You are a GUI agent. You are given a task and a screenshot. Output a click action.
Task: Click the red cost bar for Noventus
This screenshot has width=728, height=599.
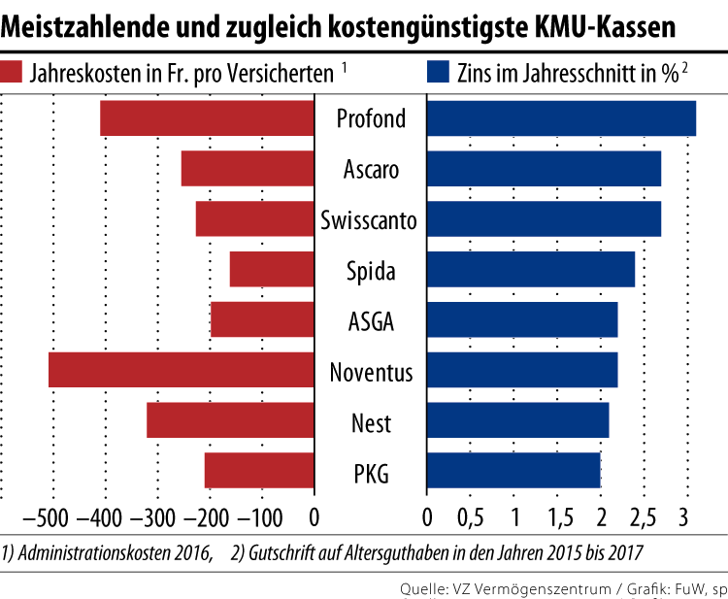coord(182,370)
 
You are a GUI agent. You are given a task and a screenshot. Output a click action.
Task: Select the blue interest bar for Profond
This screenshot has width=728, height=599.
coord(561,117)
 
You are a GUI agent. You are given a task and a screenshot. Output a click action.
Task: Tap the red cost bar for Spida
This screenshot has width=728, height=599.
coord(272,269)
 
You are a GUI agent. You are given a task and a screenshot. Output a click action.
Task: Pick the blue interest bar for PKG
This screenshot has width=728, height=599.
coord(513,471)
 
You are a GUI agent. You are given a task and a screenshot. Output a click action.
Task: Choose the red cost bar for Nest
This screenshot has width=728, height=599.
coord(230,420)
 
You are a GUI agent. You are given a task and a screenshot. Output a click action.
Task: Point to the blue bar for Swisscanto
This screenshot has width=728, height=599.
coord(544,218)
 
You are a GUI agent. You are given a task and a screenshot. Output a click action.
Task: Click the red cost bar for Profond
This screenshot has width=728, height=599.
coord(207,117)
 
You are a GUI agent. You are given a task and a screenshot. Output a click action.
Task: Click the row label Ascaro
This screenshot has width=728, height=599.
coord(371,170)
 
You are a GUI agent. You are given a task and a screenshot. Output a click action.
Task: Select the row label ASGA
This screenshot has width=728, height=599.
coord(371,321)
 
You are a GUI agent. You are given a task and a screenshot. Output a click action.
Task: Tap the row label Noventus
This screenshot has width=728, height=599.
coord(371,372)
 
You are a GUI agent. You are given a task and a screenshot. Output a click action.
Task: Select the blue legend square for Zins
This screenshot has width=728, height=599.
coord(438,72)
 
